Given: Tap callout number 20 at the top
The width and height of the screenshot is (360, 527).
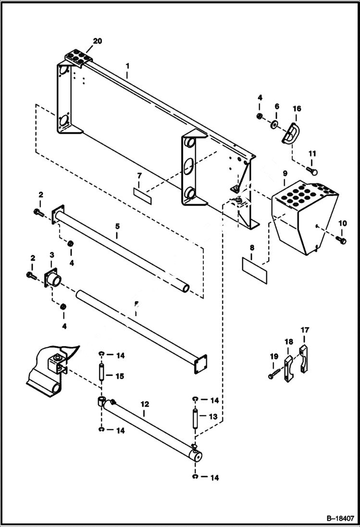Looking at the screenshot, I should [x=98, y=41].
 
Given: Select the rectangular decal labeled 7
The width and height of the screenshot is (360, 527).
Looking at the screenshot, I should [x=142, y=192].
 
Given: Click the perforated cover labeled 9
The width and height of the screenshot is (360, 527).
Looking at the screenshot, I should [x=303, y=211].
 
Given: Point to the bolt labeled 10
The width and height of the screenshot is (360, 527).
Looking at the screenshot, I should [x=341, y=238].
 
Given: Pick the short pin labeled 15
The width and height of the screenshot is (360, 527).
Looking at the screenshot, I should [x=102, y=372].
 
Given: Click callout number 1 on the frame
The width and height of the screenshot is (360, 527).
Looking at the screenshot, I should [x=127, y=74].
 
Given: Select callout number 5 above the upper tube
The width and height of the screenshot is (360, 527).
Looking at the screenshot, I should [x=117, y=225].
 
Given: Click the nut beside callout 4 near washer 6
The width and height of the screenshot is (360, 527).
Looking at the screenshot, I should [x=260, y=116].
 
